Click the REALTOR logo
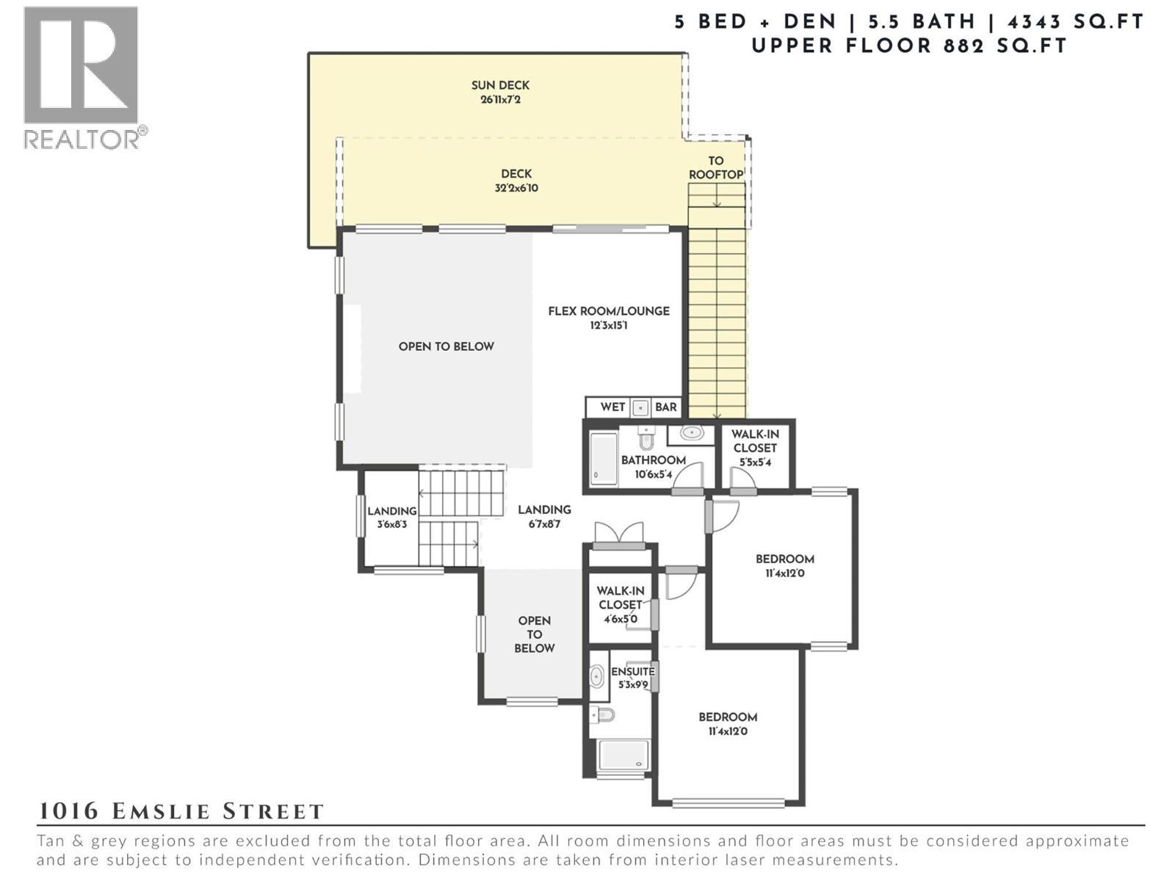pyautogui.click(x=81, y=76)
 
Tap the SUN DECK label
pyautogui.click(x=500, y=85)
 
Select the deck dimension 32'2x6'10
pyautogui.click(x=516, y=188)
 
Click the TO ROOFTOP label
pyautogui.click(x=716, y=167)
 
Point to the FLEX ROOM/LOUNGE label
pyautogui.click(x=609, y=311)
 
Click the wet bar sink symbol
pyautogui.click(x=640, y=407)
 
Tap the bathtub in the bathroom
pyautogui.click(x=604, y=458)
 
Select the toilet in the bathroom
pyautogui.click(x=646, y=439)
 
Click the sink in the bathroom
pyautogui.click(x=692, y=433)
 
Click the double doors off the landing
pyautogui.click(x=619, y=534)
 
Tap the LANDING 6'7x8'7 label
pyautogui.click(x=544, y=516)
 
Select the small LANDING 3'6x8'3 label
pyautogui.click(x=392, y=518)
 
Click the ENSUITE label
pyautogui.click(x=633, y=672)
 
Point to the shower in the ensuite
pyautogui.click(x=622, y=755)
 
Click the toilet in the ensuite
pyautogui.click(x=603, y=714)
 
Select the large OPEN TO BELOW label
pyautogui.click(x=446, y=347)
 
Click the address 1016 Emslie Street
pyautogui.click(x=181, y=811)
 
